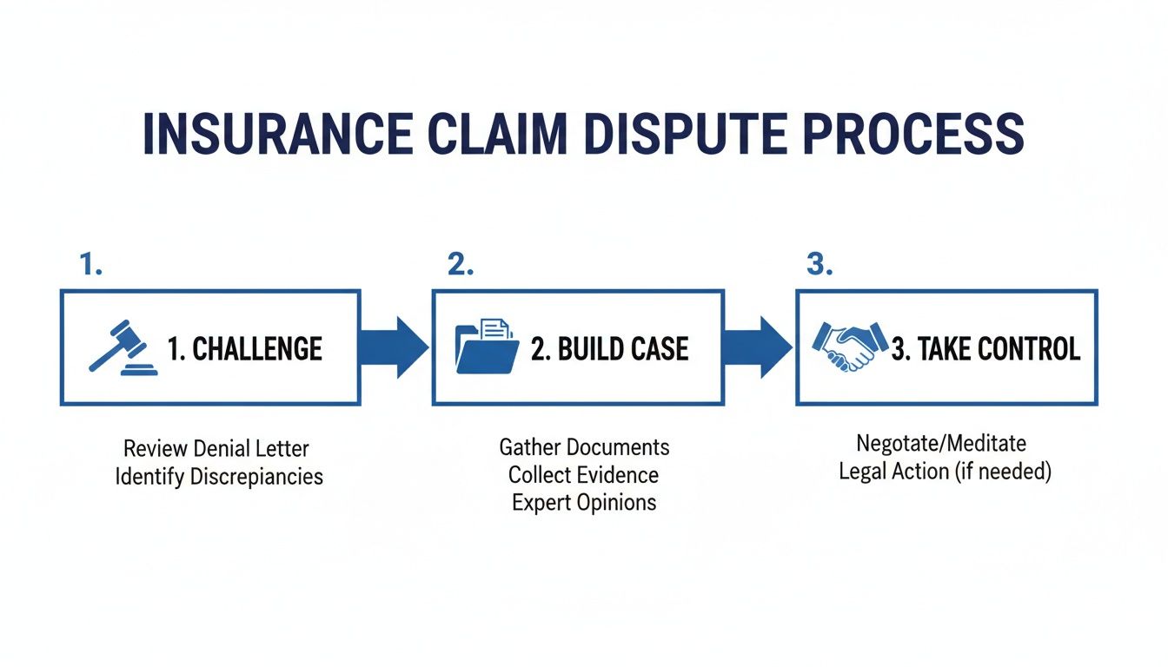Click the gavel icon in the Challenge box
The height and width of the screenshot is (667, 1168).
pos(123,347)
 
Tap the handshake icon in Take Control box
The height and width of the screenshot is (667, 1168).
pos(849,347)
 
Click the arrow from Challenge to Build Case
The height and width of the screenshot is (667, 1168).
pos(395,347)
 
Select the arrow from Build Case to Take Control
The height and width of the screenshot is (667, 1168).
pos(758,347)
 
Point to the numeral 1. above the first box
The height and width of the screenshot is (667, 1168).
pos(91,266)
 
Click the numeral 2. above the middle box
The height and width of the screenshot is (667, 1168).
pos(461,266)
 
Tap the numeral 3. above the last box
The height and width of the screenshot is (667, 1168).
pos(819,266)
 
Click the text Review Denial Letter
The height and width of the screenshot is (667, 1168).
pos(216,449)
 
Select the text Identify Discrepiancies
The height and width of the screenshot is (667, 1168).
pos(219,477)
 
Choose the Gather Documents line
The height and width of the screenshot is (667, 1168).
pos(584,447)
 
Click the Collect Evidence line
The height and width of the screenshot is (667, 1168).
pos(583,475)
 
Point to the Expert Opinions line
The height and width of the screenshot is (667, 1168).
pos(584,503)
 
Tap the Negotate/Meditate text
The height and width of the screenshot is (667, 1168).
pos(941,443)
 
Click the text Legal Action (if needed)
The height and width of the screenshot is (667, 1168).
pos(945,472)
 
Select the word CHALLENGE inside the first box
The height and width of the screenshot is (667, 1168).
pos(257,349)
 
